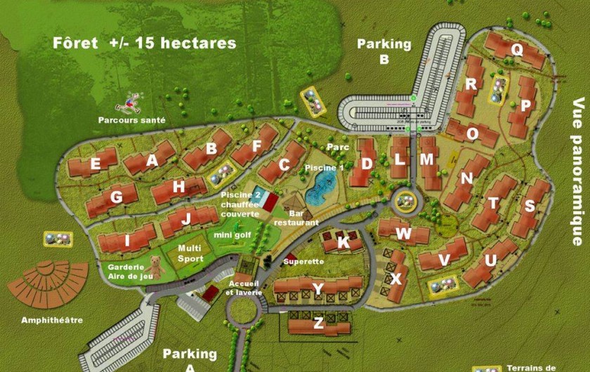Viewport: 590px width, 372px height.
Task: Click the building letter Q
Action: point(517,49)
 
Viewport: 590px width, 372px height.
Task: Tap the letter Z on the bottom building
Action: point(318,324)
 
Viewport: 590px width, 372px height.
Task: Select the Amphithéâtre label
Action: point(52,320)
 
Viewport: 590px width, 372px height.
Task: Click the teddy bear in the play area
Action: point(157,269)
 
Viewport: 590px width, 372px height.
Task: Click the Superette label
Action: point(303,261)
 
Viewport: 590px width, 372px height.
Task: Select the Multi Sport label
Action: point(190,253)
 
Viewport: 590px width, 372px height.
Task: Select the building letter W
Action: point(402,233)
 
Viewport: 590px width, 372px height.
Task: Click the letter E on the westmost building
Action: point(95,165)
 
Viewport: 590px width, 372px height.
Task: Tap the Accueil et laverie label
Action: point(244,287)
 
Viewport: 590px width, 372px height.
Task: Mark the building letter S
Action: point(530,206)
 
